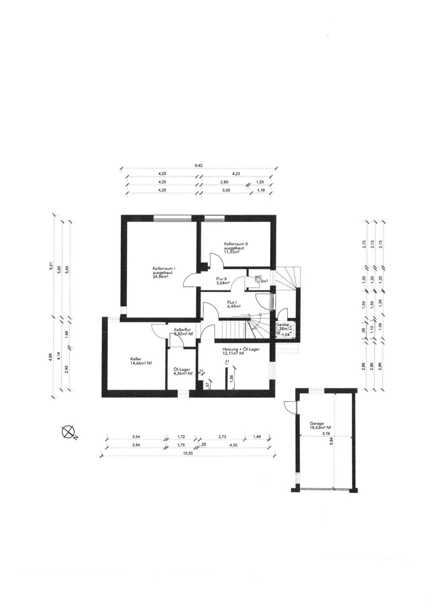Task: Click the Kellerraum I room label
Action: pyautogui.click(x=164, y=268)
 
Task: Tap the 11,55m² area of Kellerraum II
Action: pyautogui.click(x=231, y=252)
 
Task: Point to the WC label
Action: pyautogui.click(x=258, y=277)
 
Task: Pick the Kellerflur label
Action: pyautogui.click(x=183, y=329)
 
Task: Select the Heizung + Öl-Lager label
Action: pyautogui.click(x=241, y=349)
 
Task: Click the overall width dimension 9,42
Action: pyautogui.click(x=199, y=166)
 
